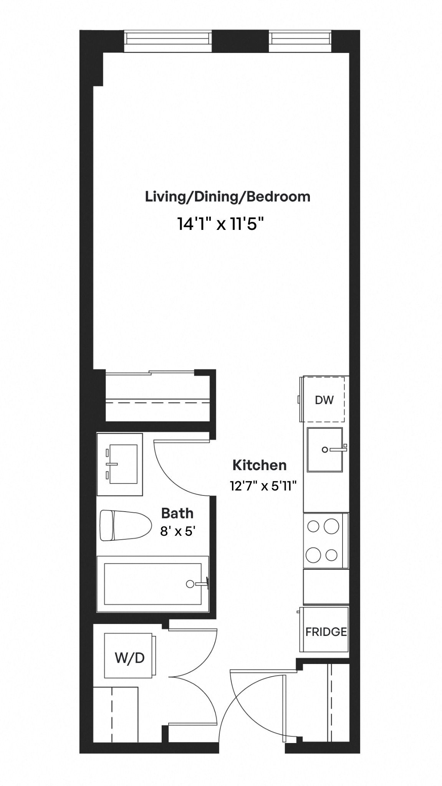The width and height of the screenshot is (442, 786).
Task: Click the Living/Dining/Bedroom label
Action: click(x=227, y=197)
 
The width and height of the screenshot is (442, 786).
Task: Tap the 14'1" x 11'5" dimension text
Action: click(x=221, y=224)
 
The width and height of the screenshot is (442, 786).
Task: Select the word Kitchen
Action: click(x=260, y=465)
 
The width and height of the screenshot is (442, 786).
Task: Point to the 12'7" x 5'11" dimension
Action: click(x=264, y=486)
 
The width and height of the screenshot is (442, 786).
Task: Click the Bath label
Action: click(x=177, y=513)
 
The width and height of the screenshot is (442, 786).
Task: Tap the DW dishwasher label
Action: click(x=324, y=400)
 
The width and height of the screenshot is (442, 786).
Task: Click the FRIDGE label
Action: click(x=326, y=632)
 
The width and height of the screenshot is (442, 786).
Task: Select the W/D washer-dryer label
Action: click(x=130, y=658)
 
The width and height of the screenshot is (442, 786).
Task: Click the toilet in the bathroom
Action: click(x=125, y=525)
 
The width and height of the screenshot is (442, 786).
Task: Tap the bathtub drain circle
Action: click(x=190, y=584)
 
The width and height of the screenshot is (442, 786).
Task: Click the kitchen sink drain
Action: click(x=325, y=450)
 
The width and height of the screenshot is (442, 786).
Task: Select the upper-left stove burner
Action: click(x=313, y=526)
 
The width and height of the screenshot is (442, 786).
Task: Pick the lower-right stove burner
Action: click(x=331, y=555)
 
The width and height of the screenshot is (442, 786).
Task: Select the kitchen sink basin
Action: click(x=324, y=450)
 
